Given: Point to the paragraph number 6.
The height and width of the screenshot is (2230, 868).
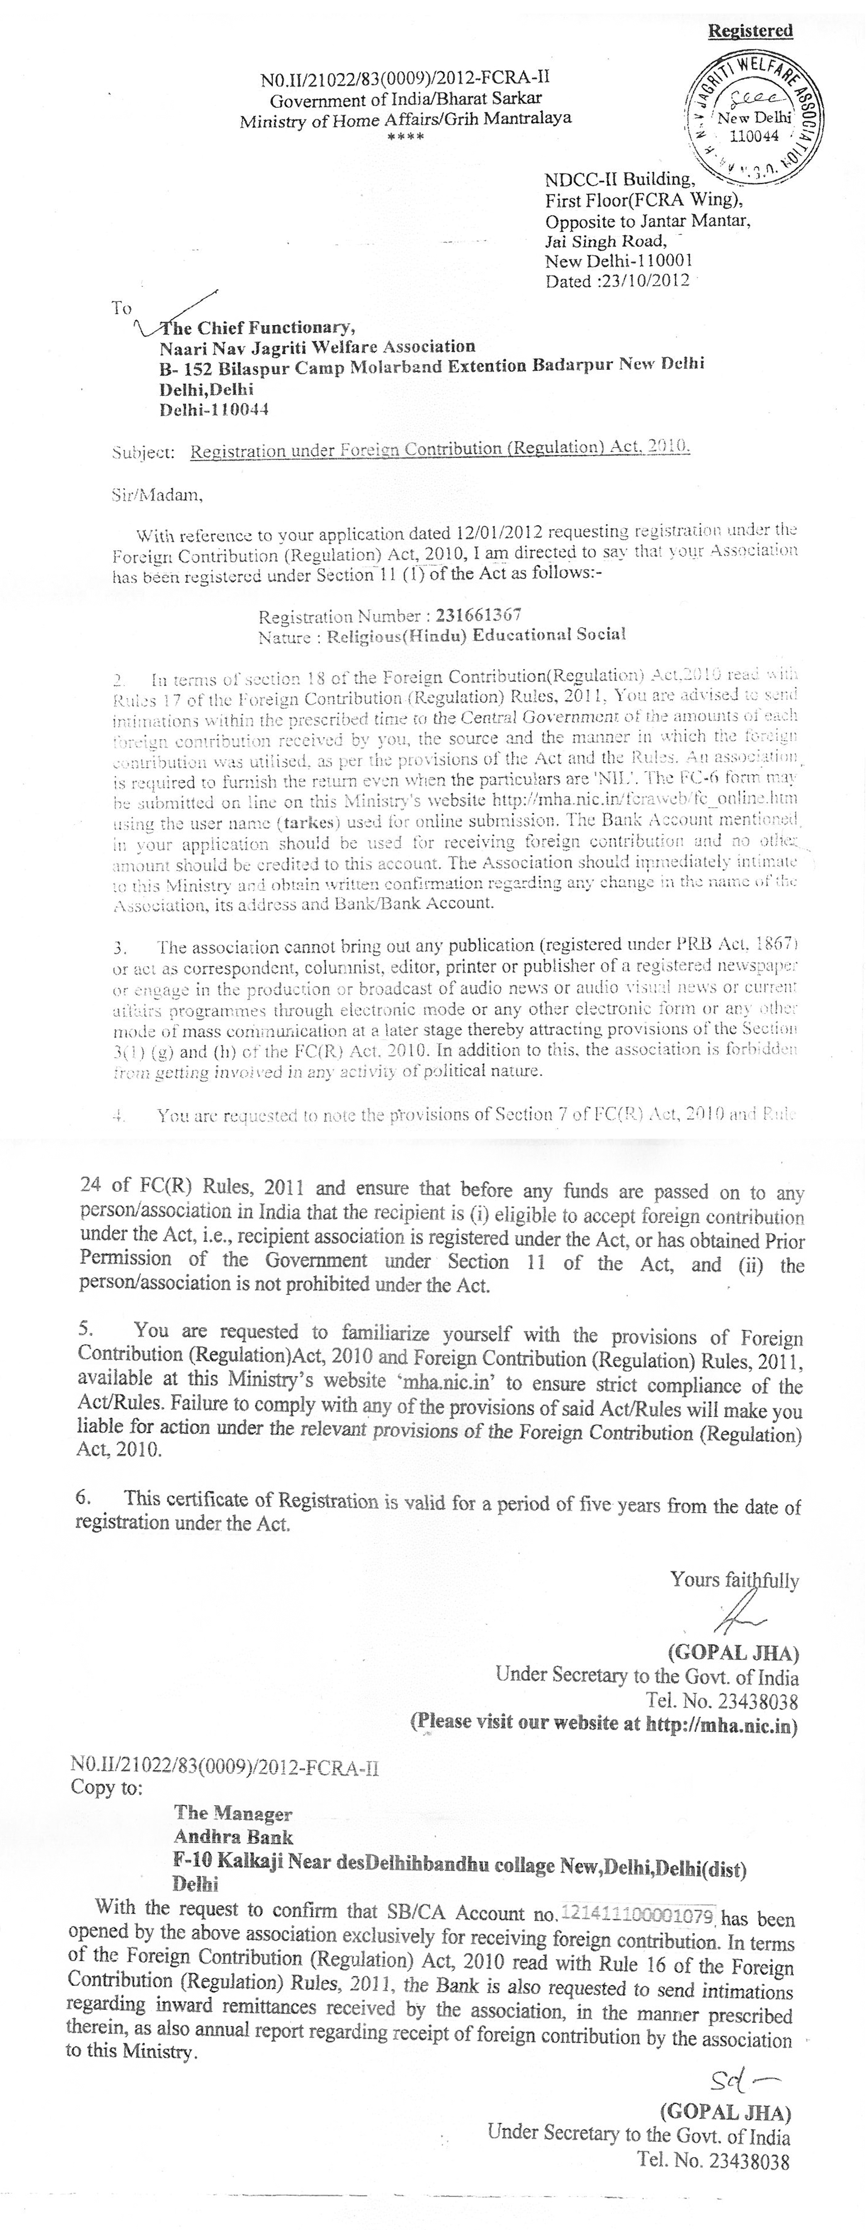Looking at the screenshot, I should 83,1499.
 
